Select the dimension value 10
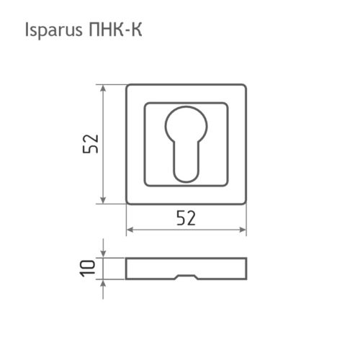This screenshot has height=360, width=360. tap(89, 269)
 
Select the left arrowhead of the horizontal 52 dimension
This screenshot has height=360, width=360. tap(130, 231)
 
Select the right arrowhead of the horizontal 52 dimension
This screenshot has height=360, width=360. tap(243, 231)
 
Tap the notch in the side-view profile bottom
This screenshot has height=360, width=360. tap(186, 278)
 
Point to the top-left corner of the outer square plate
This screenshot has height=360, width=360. tap(128, 87)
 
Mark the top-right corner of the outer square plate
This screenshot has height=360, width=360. tap(245, 87)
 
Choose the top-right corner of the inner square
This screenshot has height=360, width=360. tap(228, 105)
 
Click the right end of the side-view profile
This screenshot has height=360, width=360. tap(246, 268)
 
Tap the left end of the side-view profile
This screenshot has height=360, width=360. tap(127, 268)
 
